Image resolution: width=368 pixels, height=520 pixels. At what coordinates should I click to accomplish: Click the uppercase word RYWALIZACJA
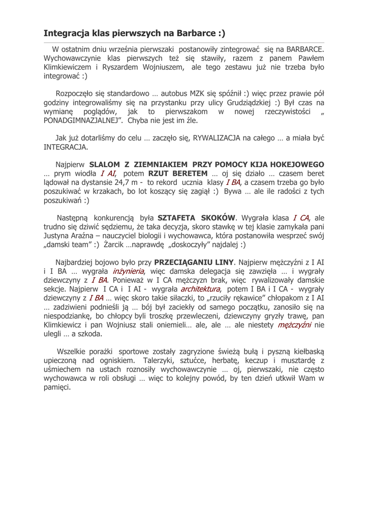pos(223,138)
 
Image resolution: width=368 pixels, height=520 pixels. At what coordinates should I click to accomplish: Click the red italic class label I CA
pos(301,218)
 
